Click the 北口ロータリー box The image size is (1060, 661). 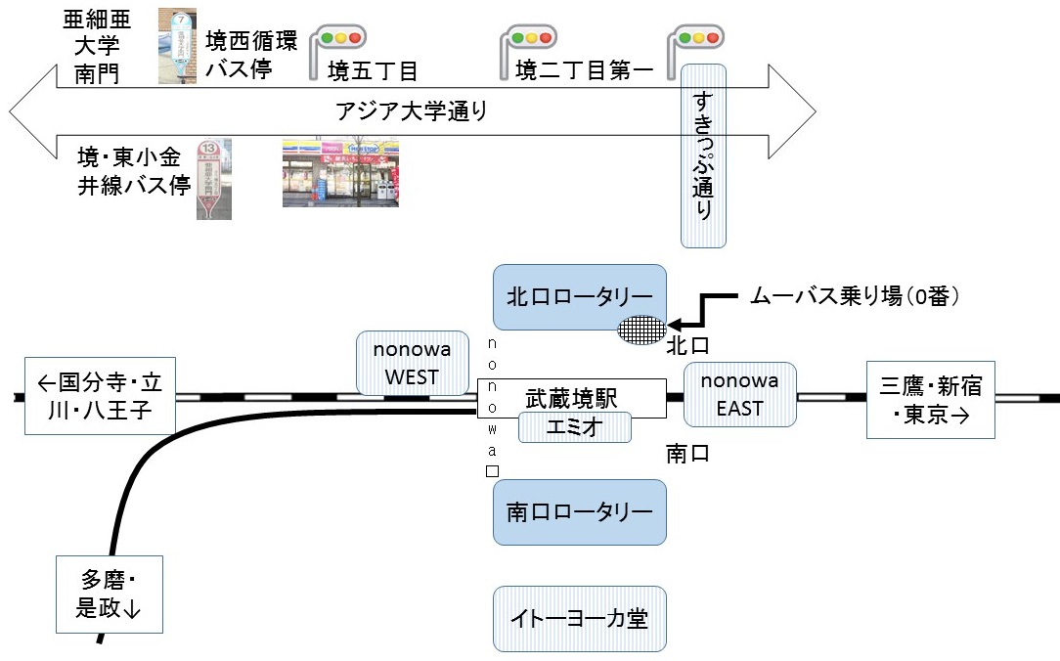pos(579,295)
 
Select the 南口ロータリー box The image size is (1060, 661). pos(579,511)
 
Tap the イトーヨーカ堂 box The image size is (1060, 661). pos(579,618)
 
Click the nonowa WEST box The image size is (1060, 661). pos(412,363)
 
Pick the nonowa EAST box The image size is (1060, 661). pos(739,394)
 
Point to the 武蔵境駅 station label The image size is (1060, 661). pos(572,398)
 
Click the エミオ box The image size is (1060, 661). pos(574,427)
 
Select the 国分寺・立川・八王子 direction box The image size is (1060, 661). pos(101,395)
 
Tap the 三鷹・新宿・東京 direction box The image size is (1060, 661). pos(931,401)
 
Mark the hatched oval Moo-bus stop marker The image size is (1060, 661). pos(641,330)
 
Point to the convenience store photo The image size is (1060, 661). pos(340,172)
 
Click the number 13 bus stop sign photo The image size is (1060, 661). pos(213,177)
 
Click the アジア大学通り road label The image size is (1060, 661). pos(411,111)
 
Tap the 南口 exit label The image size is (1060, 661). pos(687,454)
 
